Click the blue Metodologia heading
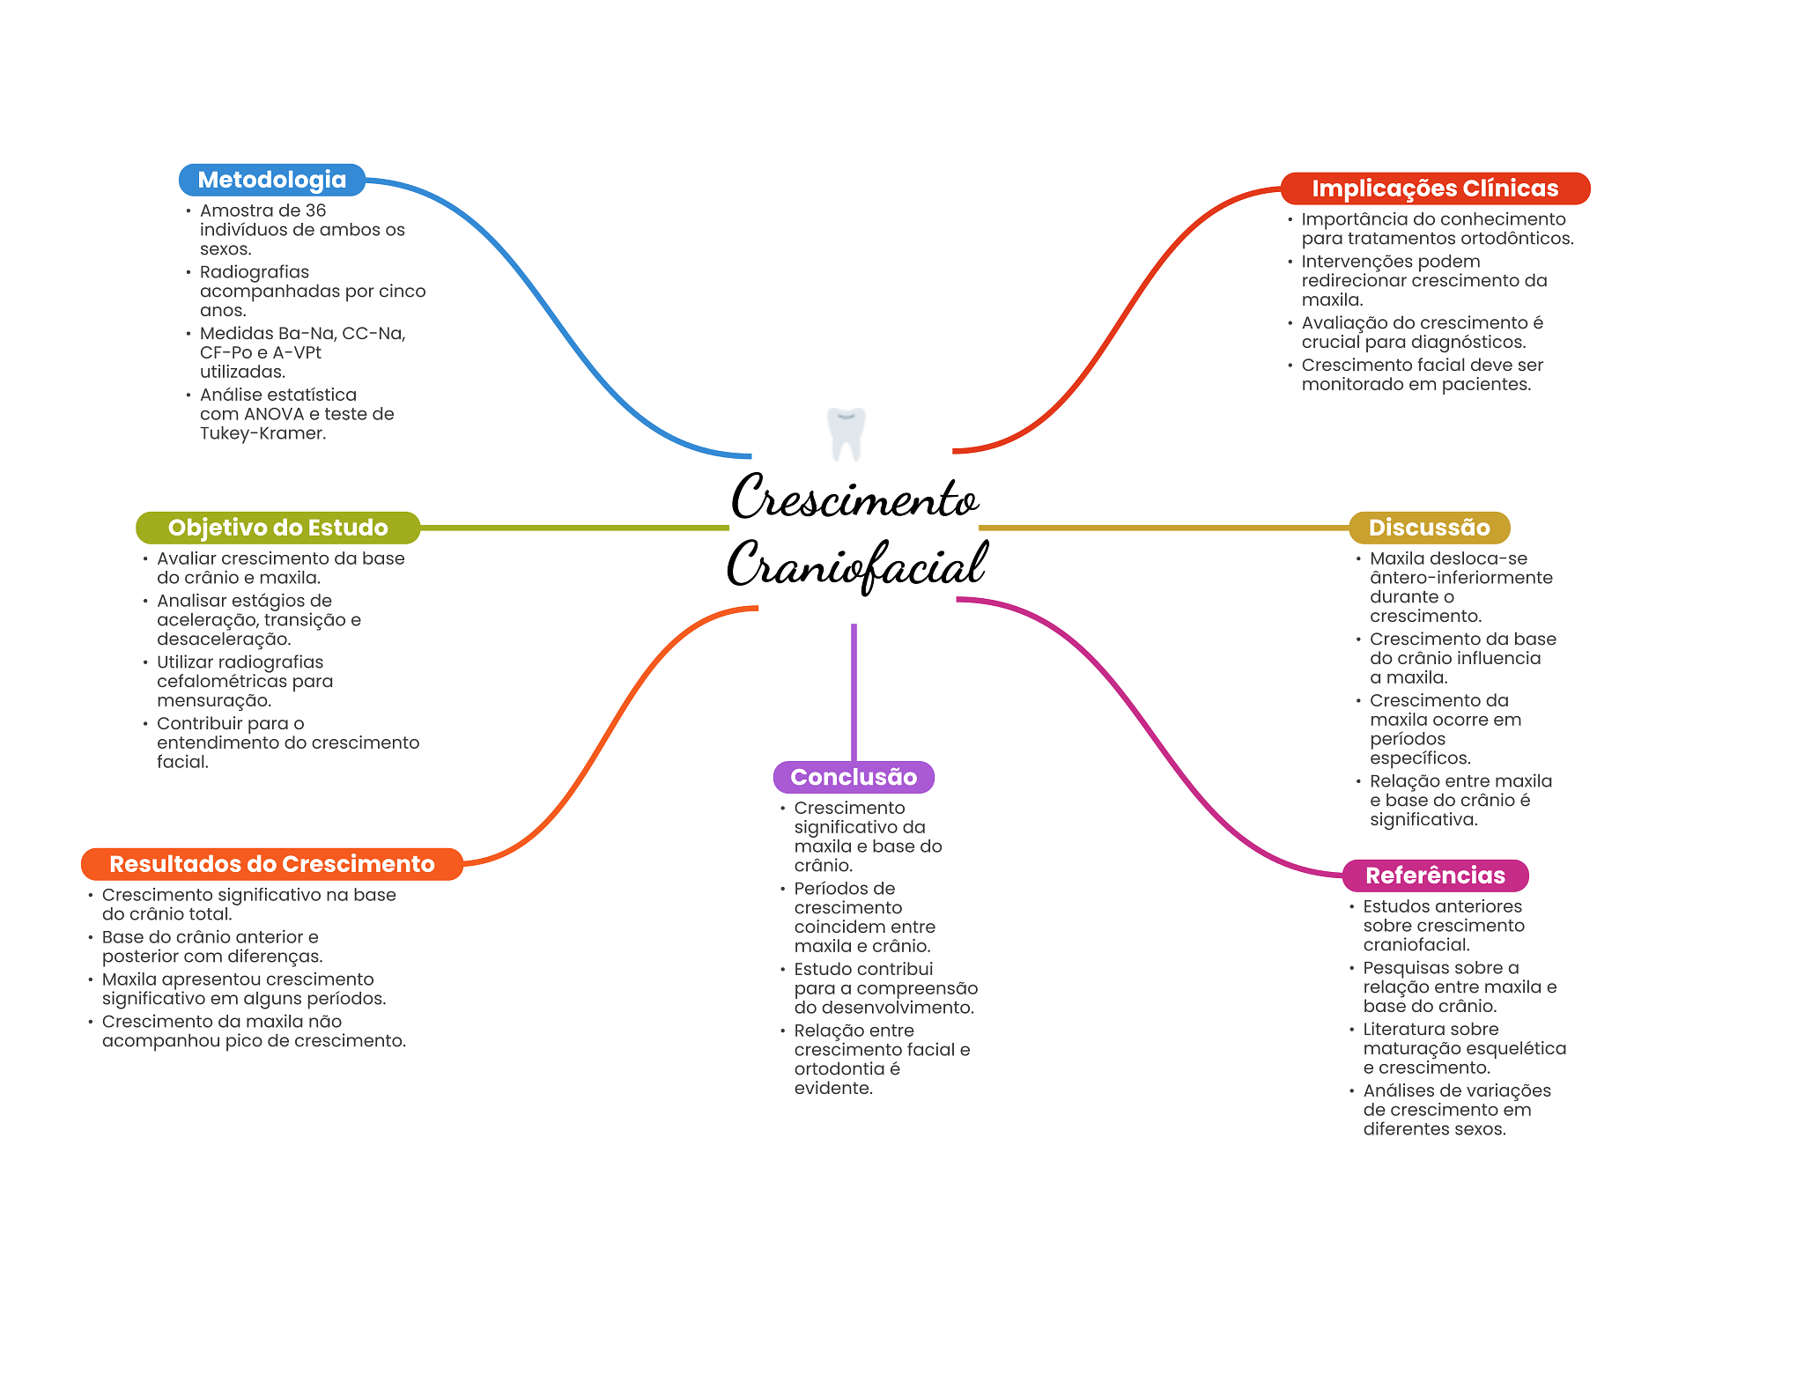[271, 180]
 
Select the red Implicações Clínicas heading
[1434, 188]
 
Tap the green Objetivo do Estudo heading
[277, 528]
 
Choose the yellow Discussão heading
[1429, 528]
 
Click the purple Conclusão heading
[853, 777]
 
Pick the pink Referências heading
[1434, 876]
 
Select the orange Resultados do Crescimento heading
[271, 864]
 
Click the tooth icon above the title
[847, 432]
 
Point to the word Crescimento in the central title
[854, 499]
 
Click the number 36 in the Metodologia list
[315, 211]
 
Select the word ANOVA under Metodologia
[273, 414]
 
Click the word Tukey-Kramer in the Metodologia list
[262, 433]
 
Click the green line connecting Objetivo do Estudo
[573, 528]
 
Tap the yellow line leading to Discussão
[1163, 528]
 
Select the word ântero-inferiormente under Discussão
[1460, 578]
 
